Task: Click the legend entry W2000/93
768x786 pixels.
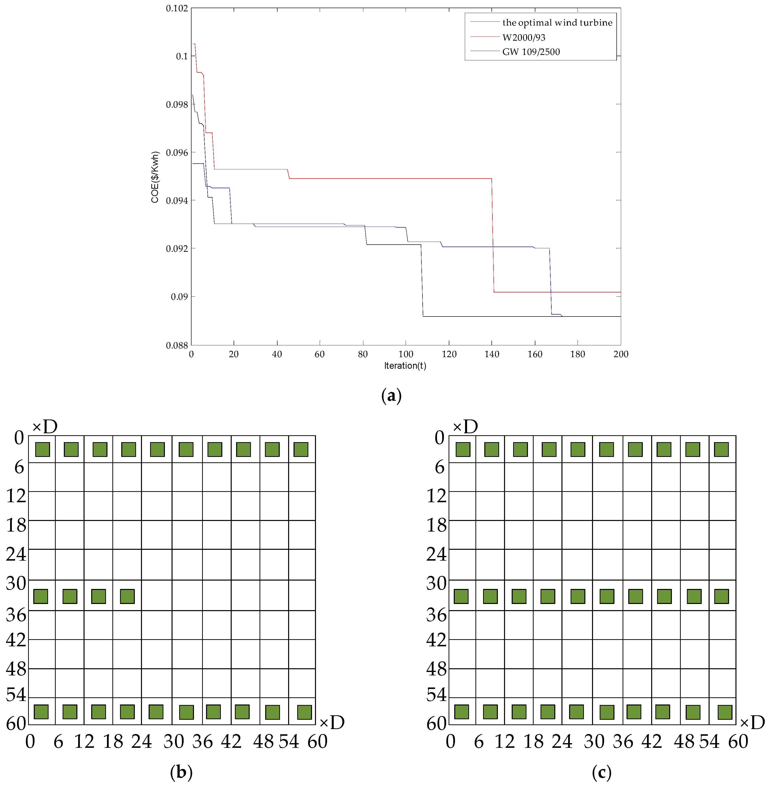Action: (524, 37)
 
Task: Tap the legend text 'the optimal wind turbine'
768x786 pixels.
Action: (557, 23)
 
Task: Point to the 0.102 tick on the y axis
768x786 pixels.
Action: (177, 8)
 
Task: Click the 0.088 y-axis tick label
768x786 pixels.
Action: (177, 345)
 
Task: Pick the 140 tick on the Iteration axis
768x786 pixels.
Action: (492, 354)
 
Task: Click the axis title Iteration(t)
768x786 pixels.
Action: (405, 366)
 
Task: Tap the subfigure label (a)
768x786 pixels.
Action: (391, 396)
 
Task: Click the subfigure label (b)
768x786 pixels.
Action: (181, 772)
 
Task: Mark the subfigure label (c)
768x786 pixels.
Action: (601, 772)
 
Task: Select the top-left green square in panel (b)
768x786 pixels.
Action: (42, 450)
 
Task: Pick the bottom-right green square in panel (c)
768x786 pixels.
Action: (725, 712)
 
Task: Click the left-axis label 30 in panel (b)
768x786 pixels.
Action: (16, 583)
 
